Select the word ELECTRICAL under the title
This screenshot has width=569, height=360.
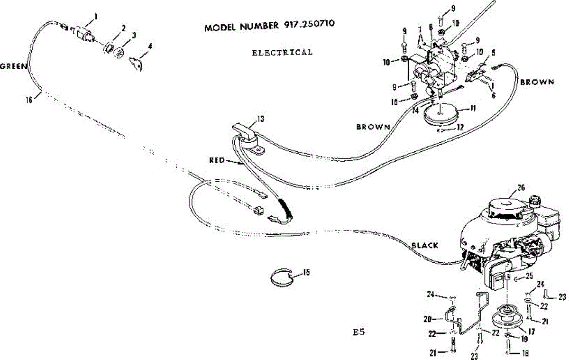[x=282, y=52]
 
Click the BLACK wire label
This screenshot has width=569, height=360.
[x=424, y=245]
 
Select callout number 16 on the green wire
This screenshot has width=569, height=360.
[x=29, y=100]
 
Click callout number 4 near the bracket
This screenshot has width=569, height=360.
[x=150, y=46]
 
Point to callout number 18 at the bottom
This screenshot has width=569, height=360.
[x=525, y=353]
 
